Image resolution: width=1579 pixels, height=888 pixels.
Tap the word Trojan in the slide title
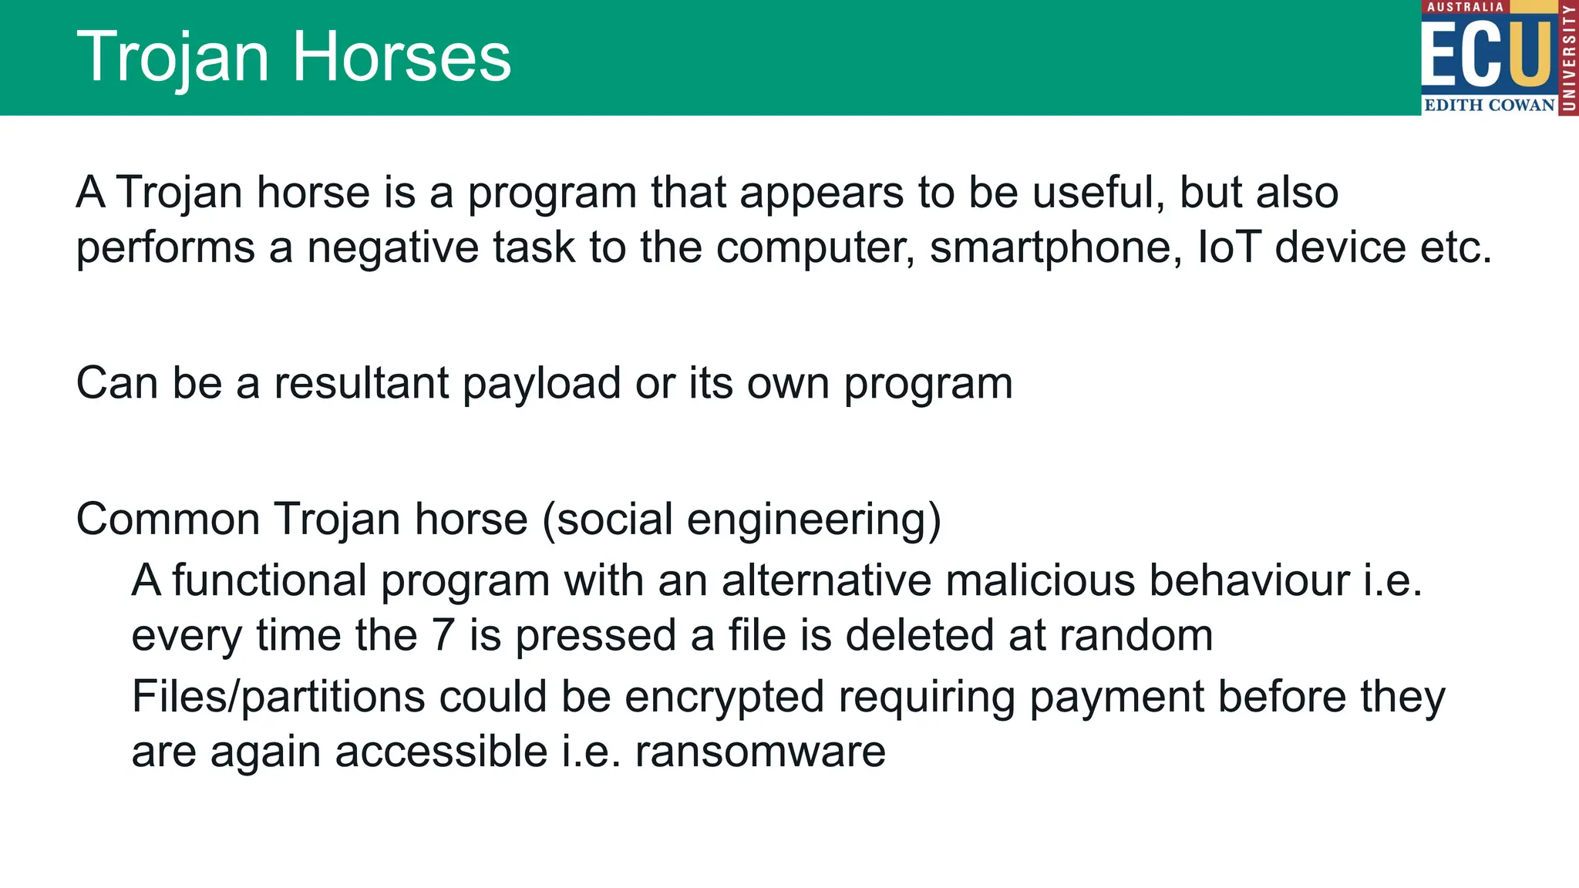[173, 57]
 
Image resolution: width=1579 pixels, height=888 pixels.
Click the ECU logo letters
[1486, 54]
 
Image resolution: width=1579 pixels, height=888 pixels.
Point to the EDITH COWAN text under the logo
[1489, 105]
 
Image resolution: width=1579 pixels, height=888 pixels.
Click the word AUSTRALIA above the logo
[1465, 7]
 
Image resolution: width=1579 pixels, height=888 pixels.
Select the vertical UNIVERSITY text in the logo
[1568, 58]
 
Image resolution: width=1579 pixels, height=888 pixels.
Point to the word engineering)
[813, 520]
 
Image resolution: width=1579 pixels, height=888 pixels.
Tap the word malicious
[1040, 580]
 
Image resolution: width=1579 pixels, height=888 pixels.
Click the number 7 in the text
[443, 635]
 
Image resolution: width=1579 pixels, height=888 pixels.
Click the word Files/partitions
[278, 697]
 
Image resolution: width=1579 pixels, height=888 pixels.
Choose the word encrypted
[724, 698]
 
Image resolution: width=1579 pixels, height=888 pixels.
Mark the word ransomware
[760, 752]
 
